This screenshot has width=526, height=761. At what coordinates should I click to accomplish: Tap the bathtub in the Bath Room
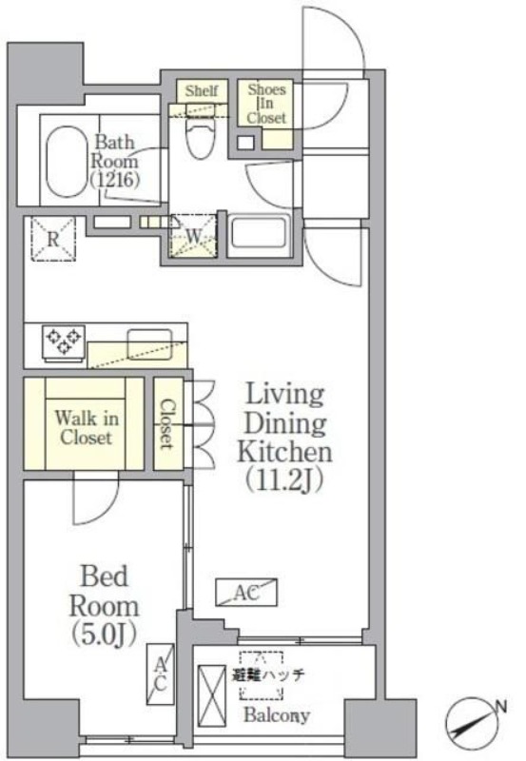coord(67,162)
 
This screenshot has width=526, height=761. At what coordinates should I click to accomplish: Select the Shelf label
coord(202,90)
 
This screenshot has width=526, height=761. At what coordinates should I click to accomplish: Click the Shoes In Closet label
coord(266,104)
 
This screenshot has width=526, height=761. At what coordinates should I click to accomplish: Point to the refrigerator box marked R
coord(53,239)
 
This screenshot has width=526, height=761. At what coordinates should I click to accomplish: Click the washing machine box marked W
coord(194,236)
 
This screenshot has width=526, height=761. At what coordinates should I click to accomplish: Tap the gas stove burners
coord(64,341)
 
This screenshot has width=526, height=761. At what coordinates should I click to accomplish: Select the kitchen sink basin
coord(150,344)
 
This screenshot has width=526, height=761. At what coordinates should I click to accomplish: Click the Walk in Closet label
coord(87,427)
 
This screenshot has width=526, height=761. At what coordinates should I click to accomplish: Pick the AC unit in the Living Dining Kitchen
coord(246,593)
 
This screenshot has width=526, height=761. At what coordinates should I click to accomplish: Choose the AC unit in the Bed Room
coord(160,674)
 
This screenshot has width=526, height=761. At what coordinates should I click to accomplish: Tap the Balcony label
coord(277,715)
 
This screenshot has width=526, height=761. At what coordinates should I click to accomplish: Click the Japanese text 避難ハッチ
coord(267,674)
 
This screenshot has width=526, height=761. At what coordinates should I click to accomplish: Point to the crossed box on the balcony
coord(212,689)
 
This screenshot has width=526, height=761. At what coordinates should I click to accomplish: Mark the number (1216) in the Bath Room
coord(115,180)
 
